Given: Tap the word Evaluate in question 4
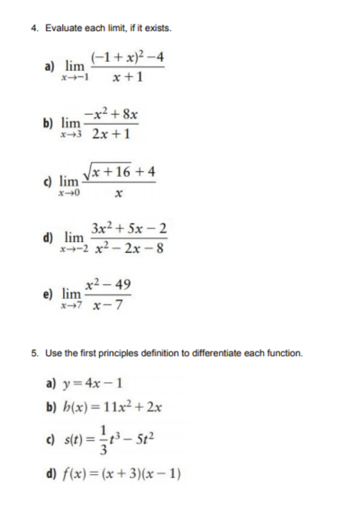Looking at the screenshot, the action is coord(61,29).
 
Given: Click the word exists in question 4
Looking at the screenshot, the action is coord(158,29).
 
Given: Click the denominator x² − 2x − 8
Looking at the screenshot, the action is coord(128,249).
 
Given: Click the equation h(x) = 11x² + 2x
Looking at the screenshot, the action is coord(109,407).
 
